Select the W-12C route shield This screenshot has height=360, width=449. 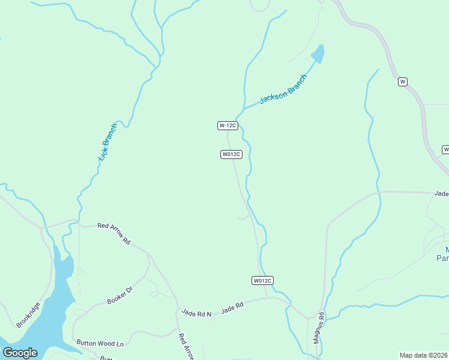tap(228, 125)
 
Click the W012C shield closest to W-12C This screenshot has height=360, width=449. tap(231, 154)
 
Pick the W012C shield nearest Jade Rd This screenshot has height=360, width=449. tap(262, 280)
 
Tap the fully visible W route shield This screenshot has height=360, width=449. tap(403, 82)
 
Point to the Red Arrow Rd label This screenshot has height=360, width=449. tap(114, 233)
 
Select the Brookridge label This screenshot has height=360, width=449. tap(29, 314)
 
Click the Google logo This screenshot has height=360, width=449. tap(20, 353)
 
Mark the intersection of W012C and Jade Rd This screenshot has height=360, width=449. tap(268, 297)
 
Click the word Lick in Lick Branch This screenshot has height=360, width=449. tap(103, 154)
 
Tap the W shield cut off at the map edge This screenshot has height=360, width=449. tap(446, 149)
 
